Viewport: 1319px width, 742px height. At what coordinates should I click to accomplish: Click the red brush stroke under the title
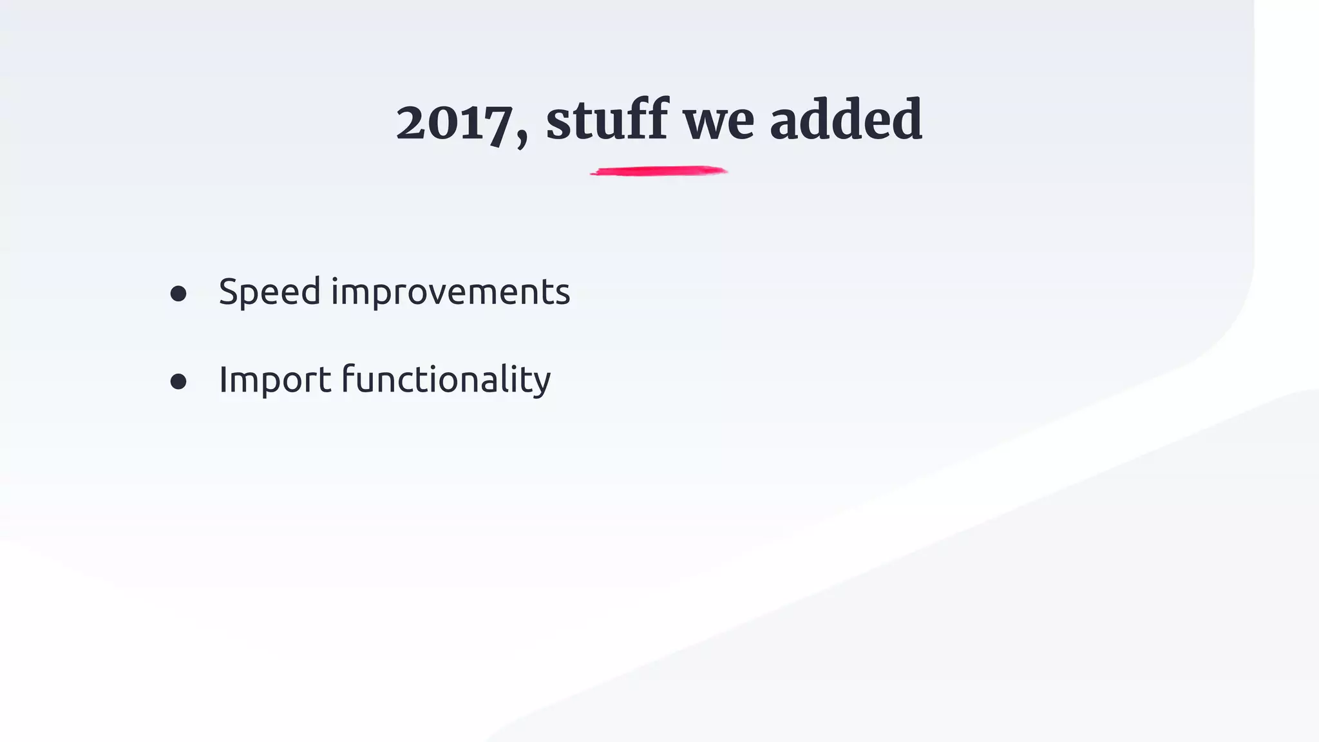658,171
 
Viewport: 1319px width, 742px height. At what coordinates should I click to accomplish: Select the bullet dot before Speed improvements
178,294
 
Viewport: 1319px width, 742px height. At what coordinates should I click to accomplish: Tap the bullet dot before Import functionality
178,382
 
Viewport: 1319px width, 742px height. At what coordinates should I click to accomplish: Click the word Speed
269,292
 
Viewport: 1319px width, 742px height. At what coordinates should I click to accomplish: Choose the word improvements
450,293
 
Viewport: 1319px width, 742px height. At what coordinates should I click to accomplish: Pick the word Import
275,380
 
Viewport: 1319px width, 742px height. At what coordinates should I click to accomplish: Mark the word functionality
446,380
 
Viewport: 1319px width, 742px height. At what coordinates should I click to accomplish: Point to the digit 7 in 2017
500,125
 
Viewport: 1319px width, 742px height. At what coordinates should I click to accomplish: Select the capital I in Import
223,379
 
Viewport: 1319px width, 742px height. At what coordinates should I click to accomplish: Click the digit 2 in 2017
412,123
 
